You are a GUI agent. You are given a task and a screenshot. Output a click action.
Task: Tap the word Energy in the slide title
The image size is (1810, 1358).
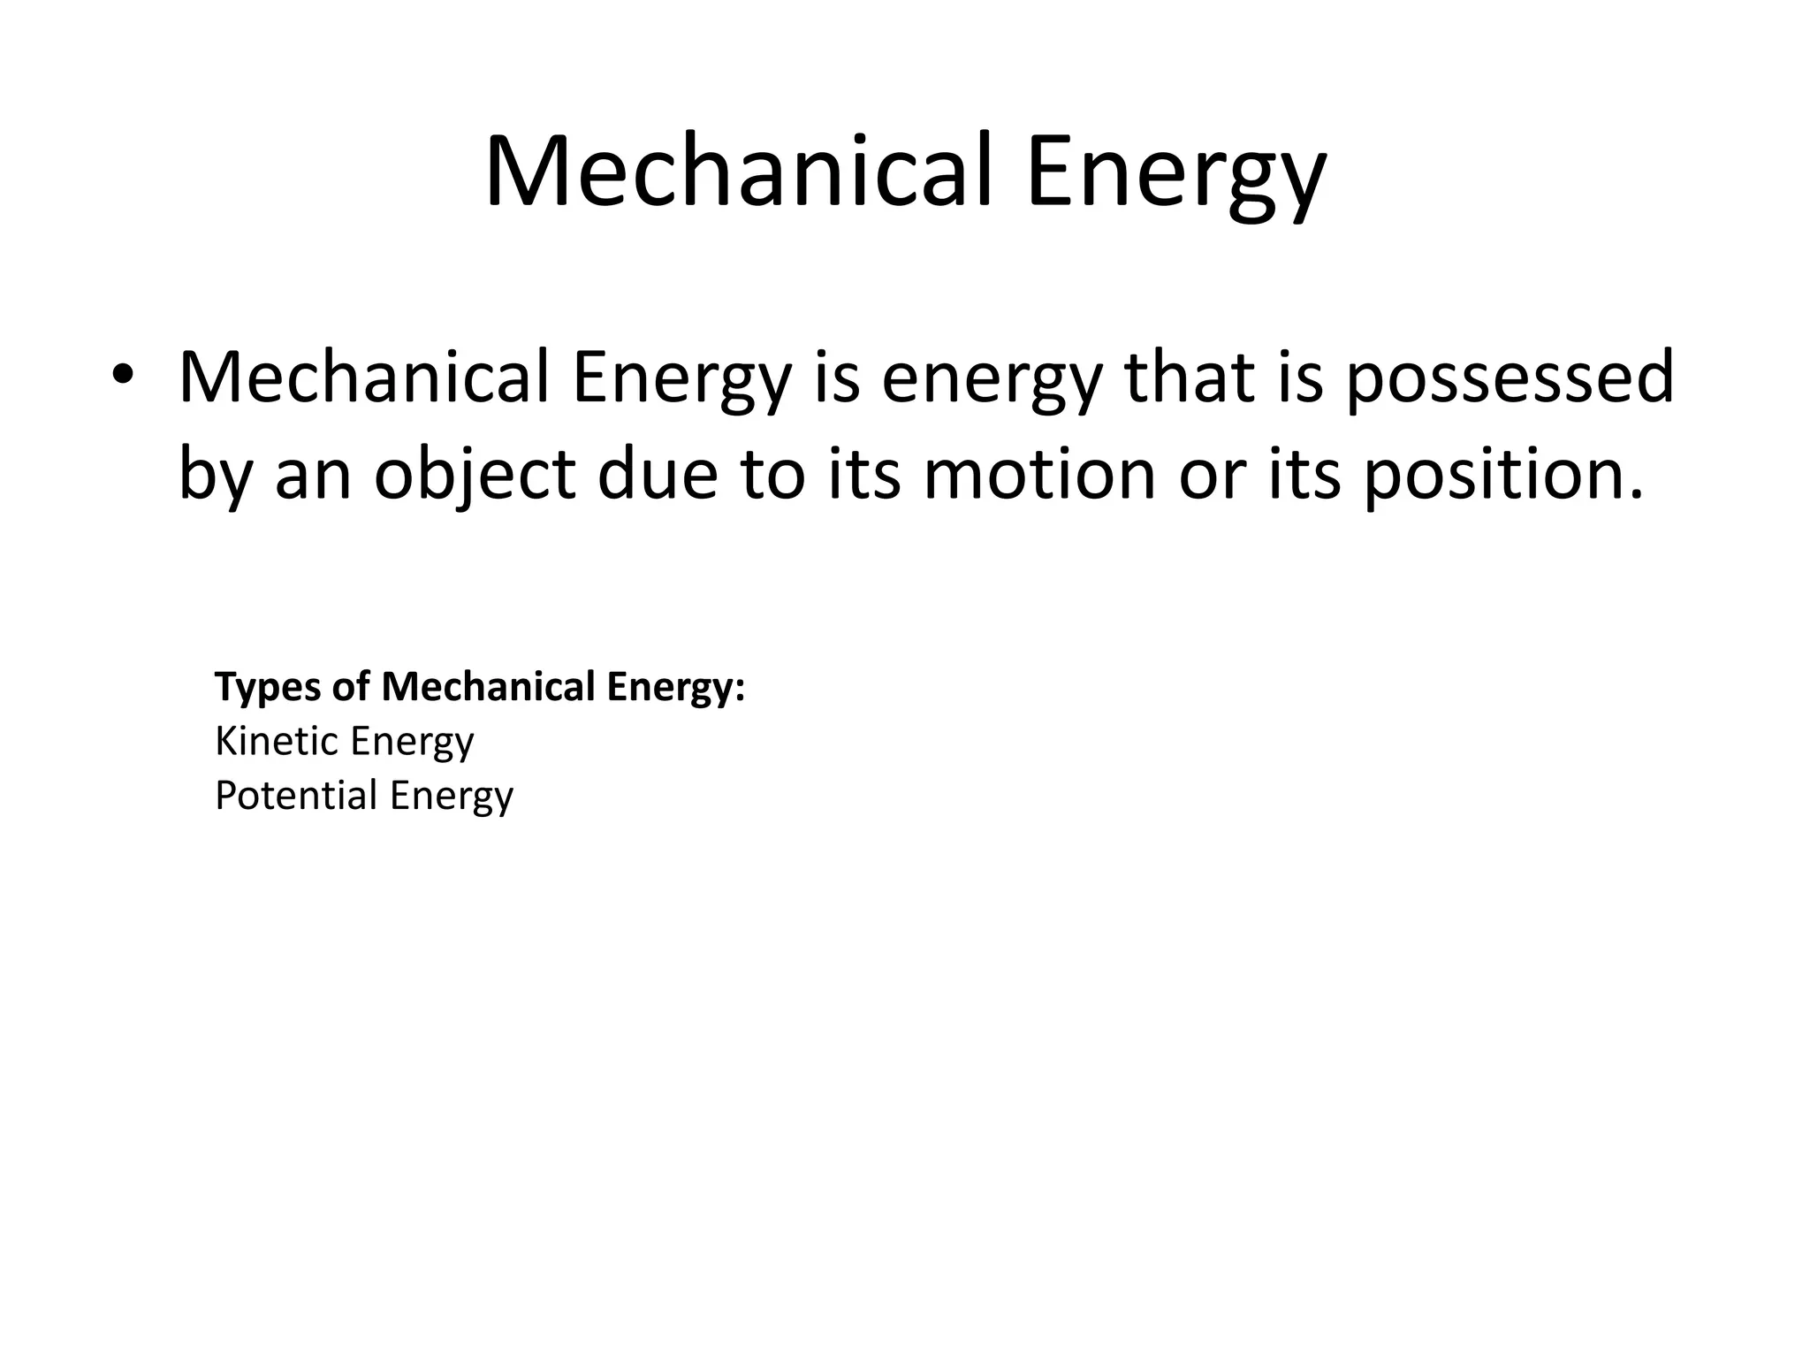pos(1175,177)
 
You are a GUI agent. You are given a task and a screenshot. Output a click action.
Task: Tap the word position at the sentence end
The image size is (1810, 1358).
pos(1502,475)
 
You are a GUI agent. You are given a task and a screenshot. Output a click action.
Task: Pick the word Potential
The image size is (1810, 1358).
pos(296,796)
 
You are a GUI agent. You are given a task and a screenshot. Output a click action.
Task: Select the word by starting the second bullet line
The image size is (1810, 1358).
pos(216,475)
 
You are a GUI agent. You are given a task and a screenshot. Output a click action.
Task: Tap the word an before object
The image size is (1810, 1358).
pos(314,475)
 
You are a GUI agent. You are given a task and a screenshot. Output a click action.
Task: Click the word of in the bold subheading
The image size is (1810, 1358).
pos(351,687)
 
